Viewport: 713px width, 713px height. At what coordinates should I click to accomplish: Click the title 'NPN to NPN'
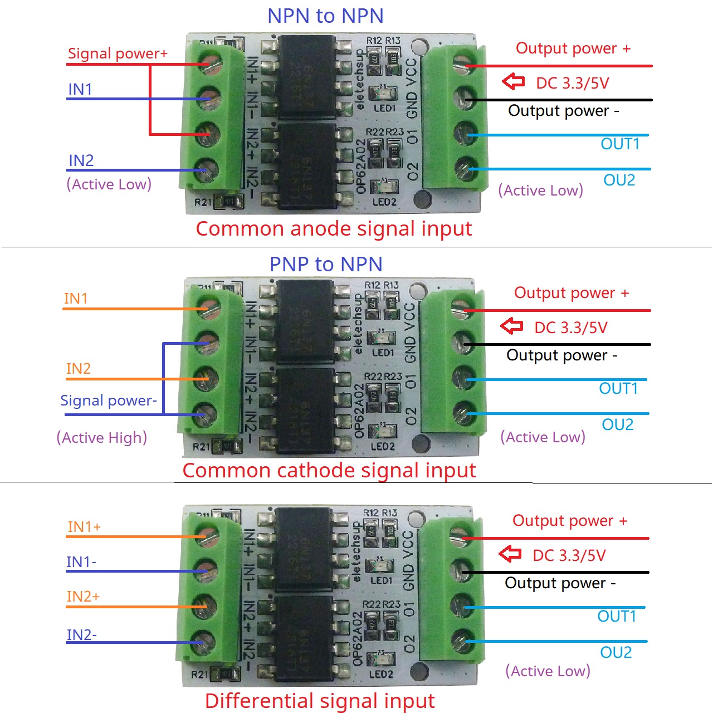[x=325, y=16]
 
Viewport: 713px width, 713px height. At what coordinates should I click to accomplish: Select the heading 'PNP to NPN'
[x=326, y=264]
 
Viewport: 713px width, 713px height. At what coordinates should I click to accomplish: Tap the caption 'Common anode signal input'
[x=334, y=229]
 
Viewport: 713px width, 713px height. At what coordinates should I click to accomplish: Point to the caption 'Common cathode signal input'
[x=329, y=471]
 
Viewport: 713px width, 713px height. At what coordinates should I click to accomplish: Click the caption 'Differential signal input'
[x=320, y=701]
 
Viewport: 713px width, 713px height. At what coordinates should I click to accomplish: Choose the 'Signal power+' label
[x=118, y=53]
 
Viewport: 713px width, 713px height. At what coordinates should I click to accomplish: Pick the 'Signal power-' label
[x=109, y=401]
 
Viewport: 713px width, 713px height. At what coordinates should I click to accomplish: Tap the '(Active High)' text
[x=102, y=438]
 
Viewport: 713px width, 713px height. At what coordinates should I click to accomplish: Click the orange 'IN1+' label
[x=84, y=527]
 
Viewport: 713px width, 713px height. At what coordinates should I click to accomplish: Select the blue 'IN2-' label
[x=82, y=635]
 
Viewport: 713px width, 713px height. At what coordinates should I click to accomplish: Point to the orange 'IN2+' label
[x=83, y=597]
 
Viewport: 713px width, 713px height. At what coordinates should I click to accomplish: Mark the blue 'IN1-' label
[x=81, y=562]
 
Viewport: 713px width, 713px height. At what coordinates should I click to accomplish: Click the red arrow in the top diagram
[x=513, y=82]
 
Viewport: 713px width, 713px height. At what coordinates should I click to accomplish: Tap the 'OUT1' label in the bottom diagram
[x=617, y=616]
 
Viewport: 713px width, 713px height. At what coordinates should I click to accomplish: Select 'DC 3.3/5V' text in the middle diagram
[x=570, y=328]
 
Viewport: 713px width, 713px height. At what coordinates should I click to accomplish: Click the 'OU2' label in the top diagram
[x=619, y=180]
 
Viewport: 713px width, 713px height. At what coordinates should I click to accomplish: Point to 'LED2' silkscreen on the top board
[x=384, y=202]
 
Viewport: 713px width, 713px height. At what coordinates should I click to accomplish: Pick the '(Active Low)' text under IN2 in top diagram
[x=109, y=184]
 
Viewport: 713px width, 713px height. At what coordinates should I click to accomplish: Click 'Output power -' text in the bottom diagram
[x=560, y=583]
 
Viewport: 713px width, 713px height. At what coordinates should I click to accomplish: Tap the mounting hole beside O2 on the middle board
[x=422, y=444]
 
